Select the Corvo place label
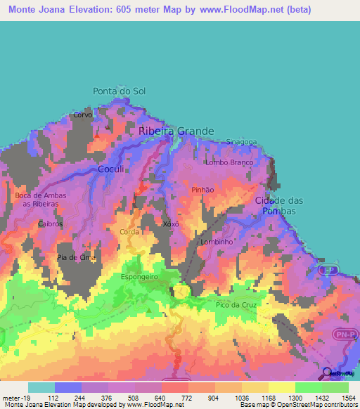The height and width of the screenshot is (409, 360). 83,115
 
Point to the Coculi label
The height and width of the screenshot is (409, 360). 110,169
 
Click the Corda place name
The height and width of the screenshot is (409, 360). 129,231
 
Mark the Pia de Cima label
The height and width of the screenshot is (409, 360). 76,258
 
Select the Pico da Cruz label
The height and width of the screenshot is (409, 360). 236,305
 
